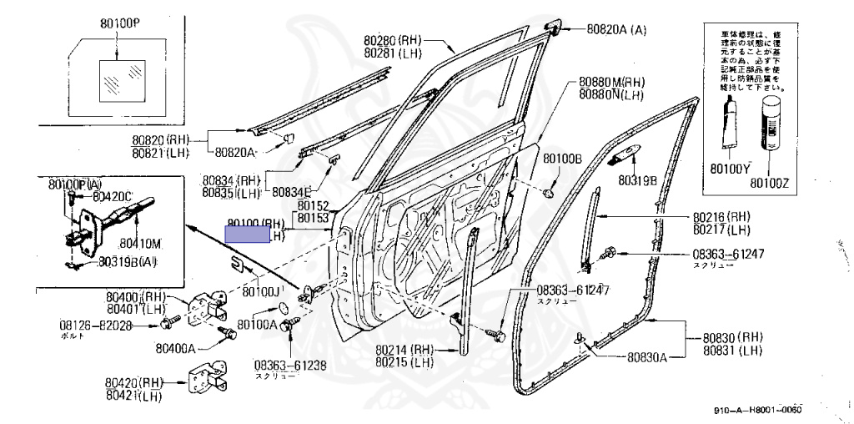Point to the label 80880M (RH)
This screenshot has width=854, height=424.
point(612,83)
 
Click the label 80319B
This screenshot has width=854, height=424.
point(637,179)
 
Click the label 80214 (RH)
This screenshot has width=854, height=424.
point(404,350)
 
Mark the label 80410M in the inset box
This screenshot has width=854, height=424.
point(139,244)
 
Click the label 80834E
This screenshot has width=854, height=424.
point(292,191)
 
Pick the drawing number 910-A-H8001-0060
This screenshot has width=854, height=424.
point(757,411)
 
